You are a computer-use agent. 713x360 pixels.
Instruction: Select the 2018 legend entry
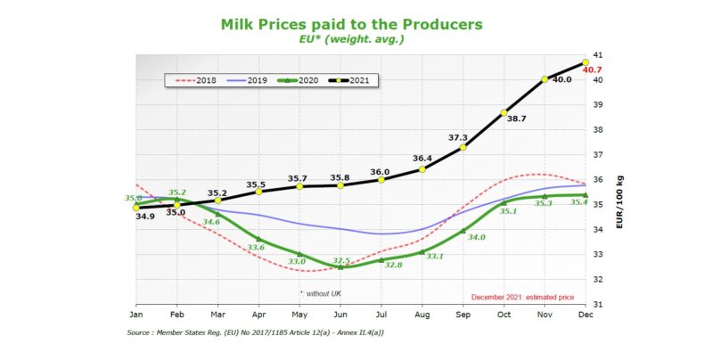tap(198, 80)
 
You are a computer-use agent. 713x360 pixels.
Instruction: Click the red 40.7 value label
tap(596, 70)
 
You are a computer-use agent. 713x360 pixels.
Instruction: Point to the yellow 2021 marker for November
tap(545, 79)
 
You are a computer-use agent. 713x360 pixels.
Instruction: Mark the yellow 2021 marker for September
tap(463, 147)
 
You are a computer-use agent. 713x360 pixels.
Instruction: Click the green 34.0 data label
tap(477, 237)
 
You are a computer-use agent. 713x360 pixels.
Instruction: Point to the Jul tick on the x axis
tap(381, 314)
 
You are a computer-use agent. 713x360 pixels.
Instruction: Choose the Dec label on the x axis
tap(585, 314)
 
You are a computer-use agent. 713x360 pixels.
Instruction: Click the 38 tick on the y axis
tap(597, 130)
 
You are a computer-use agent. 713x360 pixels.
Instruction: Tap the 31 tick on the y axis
tap(597, 305)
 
